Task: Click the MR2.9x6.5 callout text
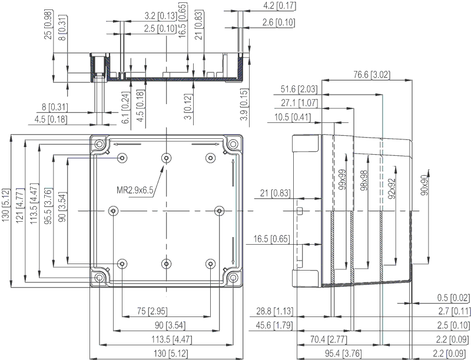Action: point(135,190)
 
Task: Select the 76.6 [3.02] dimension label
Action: point(372,74)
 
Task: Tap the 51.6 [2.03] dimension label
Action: point(299,89)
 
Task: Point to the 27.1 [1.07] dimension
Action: point(299,103)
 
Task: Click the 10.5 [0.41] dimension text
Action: point(293,117)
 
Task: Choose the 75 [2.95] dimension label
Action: point(152,311)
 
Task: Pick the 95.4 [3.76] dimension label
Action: point(343,354)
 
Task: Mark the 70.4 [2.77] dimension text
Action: point(329,339)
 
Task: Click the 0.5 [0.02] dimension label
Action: point(453,298)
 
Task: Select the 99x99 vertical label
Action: point(342,179)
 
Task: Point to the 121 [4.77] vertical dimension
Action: point(19,205)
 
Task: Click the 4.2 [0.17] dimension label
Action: point(279,6)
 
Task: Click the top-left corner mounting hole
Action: point(99,144)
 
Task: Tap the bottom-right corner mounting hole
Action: point(233,278)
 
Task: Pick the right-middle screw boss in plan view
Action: point(220,211)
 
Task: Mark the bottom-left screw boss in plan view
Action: point(122,264)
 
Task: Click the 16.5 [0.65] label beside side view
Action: point(272,239)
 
